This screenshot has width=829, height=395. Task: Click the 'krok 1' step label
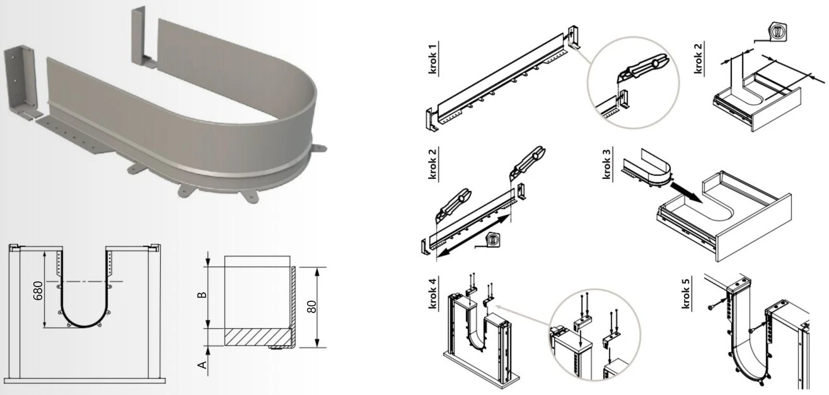click(x=432, y=59)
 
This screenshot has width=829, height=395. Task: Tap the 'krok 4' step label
click(x=432, y=294)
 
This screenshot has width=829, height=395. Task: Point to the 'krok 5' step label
click(x=686, y=294)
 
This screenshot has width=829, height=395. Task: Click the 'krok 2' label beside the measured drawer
click(x=698, y=59)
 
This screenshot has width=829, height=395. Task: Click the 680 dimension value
click(x=38, y=290)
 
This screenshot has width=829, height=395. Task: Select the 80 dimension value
click(x=312, y=307)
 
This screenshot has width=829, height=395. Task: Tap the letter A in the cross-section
click(x=202, y=365)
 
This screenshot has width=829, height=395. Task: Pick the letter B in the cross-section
click(x=202, y=295)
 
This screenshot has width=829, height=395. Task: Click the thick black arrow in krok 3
click(x=687, y=192)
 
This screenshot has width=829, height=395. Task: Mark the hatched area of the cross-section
click(x=258, y=337)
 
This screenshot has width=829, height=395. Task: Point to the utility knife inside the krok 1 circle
click(x=643, y=67)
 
